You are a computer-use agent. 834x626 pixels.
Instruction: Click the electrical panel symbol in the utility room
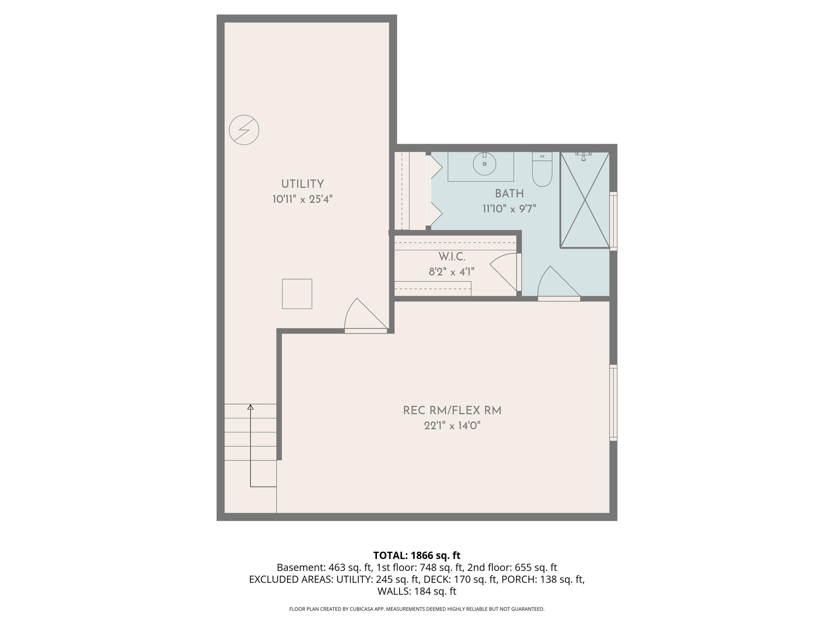(x=244, y=130)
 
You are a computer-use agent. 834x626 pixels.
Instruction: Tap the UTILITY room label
(x=302, y=184)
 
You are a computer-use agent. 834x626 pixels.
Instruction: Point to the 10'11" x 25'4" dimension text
(x=302, y=199)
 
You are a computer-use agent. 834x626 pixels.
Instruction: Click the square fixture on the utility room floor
(x=297, y=294)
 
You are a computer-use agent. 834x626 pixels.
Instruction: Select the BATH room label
(x=509, y=194)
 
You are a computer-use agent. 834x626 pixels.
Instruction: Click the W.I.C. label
(x=452, y=257)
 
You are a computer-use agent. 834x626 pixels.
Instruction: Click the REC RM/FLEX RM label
(x=452, y=411)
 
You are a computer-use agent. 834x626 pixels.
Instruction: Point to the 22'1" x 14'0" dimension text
(x=452, y=426)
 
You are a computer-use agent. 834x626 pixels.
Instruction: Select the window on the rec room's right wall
(x=614, y=403)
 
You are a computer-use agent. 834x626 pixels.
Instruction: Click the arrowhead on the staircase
(x=250, y=407)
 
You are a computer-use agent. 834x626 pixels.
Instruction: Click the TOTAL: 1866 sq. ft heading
(x=417, y=555)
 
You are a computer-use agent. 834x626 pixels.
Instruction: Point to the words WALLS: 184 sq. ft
(x=417, y=591)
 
